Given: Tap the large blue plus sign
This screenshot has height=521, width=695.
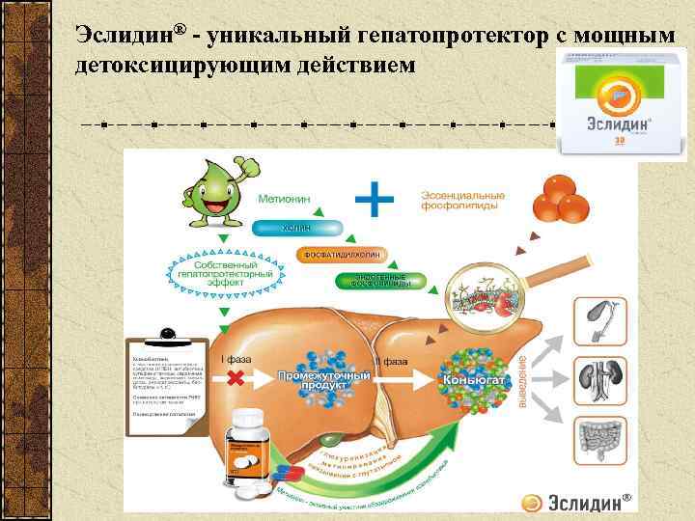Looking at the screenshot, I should [375, 200].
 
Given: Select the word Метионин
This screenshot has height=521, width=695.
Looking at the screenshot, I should [285, 198].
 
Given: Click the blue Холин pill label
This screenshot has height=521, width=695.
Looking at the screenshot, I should [297, 228].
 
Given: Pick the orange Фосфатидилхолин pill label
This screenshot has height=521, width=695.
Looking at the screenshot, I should [339, 255].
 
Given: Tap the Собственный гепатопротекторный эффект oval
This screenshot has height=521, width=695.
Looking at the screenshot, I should [226, 271].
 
